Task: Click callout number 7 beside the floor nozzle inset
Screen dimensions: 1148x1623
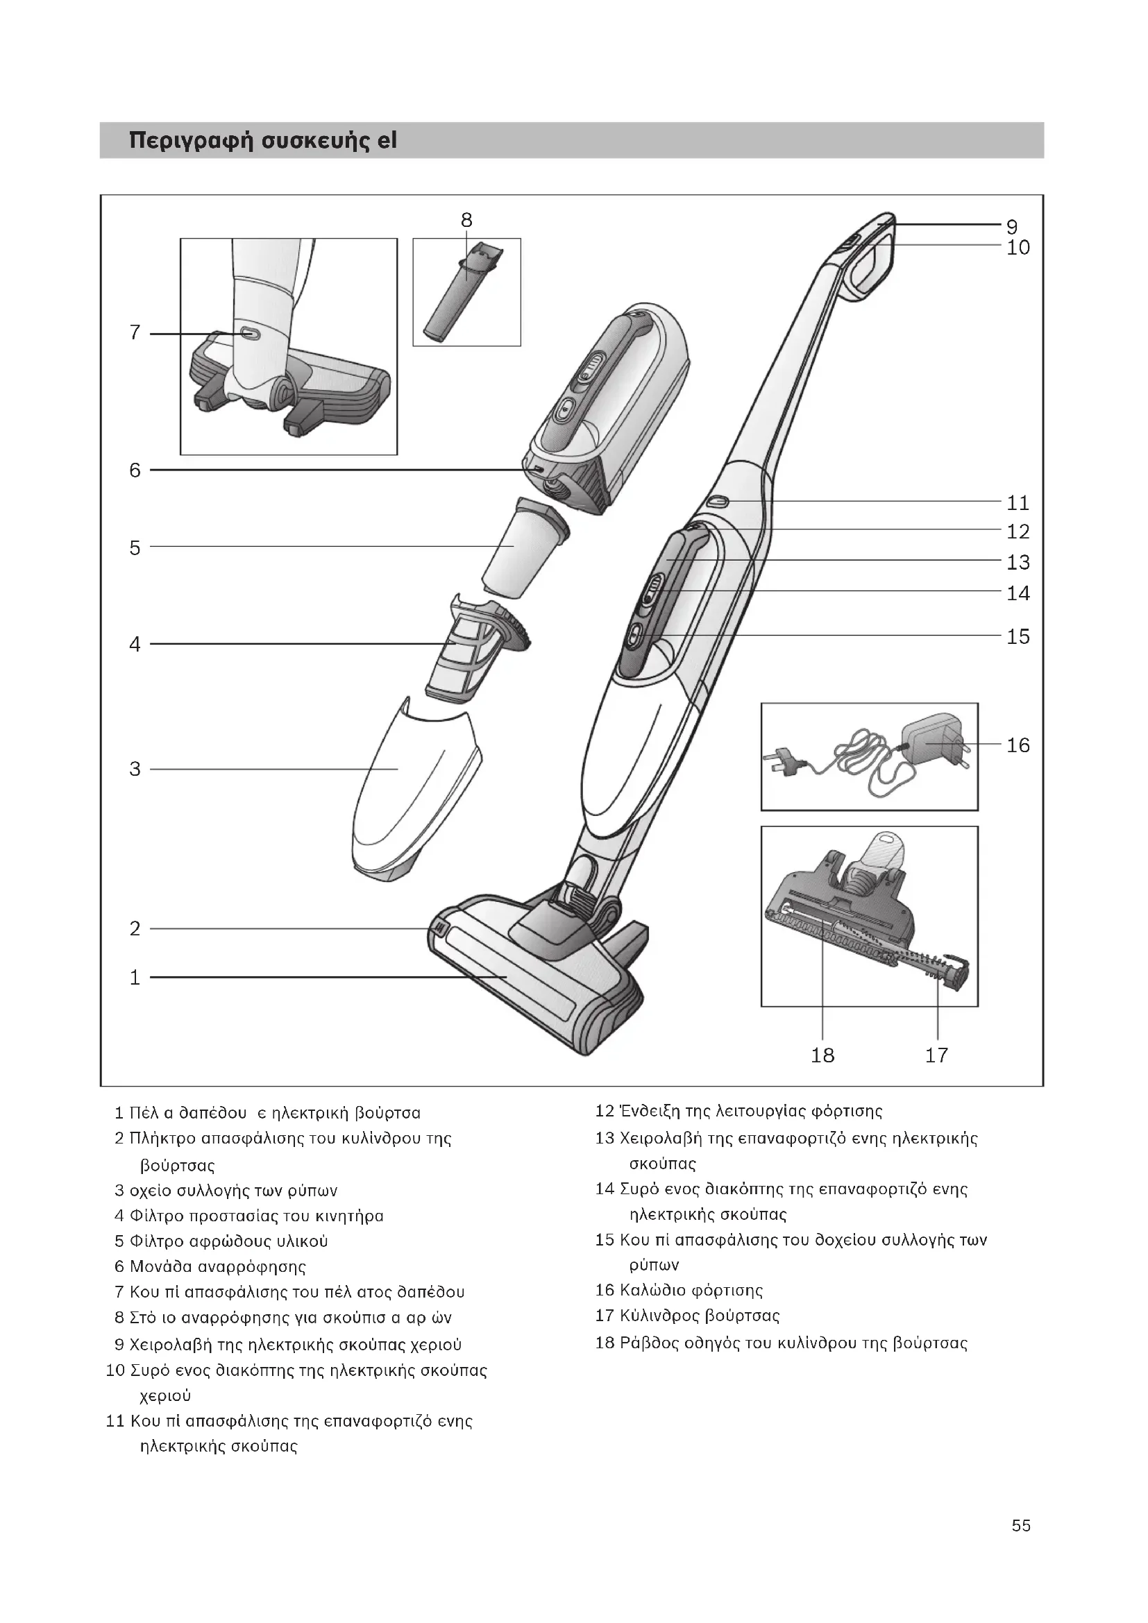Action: pos(135,332)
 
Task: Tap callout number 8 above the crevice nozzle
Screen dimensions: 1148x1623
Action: pos(466,221)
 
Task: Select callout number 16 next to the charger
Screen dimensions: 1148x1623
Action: pos(1018,745)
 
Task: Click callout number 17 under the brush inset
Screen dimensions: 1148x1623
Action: pos(936,1055)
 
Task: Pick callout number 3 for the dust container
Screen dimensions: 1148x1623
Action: pos(135,769)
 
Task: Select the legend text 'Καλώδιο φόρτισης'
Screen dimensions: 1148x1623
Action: pos(691,1290)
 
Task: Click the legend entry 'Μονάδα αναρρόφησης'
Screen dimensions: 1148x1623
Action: pos(218,1266)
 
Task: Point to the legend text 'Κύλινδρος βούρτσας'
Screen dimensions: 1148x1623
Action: pos(699,1316)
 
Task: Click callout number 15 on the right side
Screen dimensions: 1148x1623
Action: pos(1018,636)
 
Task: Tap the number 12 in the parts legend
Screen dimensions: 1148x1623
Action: pos(605,1110)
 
